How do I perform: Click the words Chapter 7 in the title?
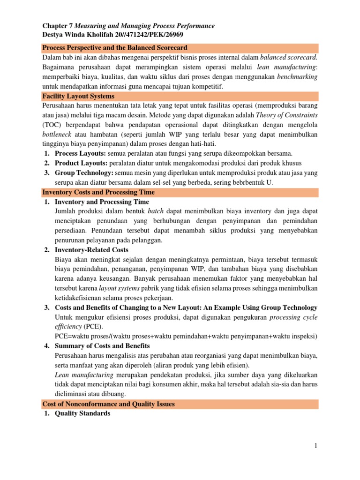[x=58, y=26]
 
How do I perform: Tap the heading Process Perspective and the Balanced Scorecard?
[x=115, y=48]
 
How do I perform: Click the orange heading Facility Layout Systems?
[x=78, y=96]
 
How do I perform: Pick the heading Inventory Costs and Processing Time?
[x=98, y=192]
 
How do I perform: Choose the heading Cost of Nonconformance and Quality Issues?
[x=108, y=404]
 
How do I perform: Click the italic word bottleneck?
[x=58, y=135]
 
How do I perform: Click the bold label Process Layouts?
[x=81, y=154]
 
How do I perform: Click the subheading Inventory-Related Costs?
[x=91, y=250]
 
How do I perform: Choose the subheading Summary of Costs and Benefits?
[x=102, y=346]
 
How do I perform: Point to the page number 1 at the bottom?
[x=316, y=446]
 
